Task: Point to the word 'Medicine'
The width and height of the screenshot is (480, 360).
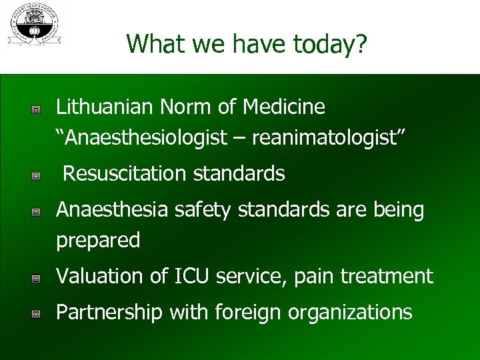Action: (x=285, y=107)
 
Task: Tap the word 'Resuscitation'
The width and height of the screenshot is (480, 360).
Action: (x=125, y=174)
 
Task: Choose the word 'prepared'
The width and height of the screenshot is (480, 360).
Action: (x=98, y=241)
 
